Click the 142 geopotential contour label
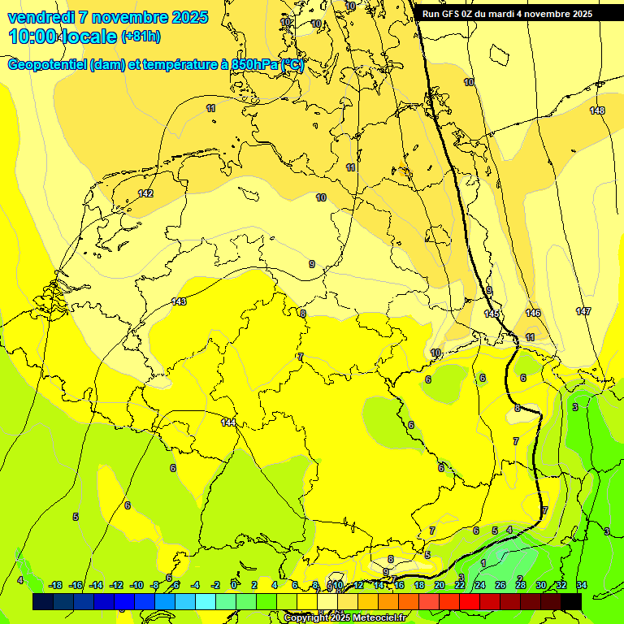pos(146,193)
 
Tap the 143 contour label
pos(179,301)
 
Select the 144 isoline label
pos(228,422)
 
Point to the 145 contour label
pos(492,314)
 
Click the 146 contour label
pos(533,313)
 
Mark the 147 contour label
pos(583,311)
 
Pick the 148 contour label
pos(597,110)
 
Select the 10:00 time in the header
pos(34,37)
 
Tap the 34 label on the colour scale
pos(582,585)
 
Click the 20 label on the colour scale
pos(440,585)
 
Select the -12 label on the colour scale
pos(116,585)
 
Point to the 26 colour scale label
pos(500,585)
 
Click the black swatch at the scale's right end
pos(571,601)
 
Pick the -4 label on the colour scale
pos(195,585)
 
